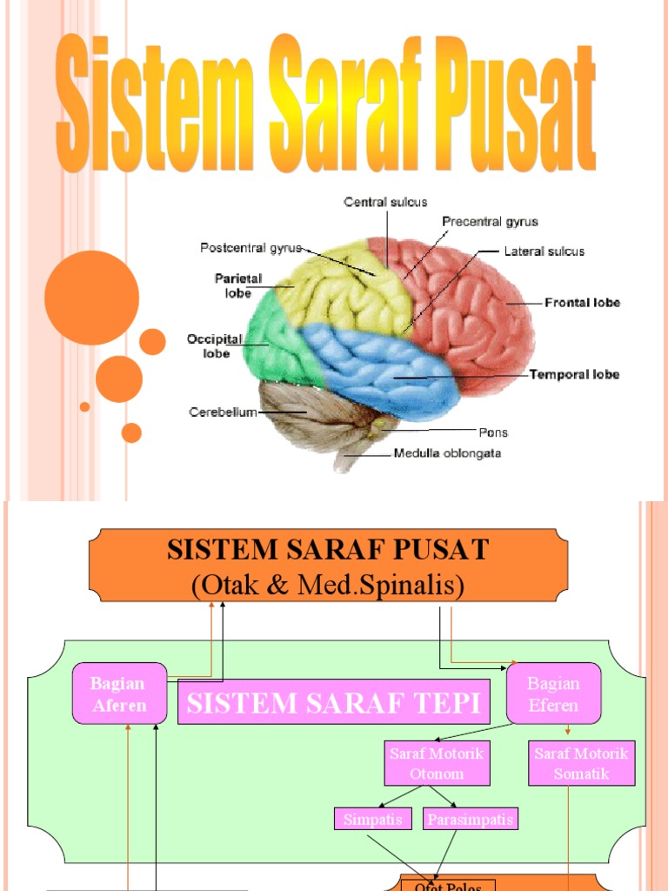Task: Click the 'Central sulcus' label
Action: (385, 202)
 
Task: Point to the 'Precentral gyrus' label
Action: (490, 222)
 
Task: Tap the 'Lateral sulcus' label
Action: (544, 251)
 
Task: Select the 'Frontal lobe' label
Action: (582, 303)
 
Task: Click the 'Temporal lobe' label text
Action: (574, 375)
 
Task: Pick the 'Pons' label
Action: (492, 432)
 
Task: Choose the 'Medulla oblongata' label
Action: (447, 453)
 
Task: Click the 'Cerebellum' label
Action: (223, 412)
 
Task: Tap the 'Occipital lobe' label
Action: (209, 346)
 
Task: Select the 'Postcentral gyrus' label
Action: (250, 248)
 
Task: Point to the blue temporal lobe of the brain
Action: (383, 370)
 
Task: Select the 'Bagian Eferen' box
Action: (553, 693)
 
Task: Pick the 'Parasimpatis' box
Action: (471, 819)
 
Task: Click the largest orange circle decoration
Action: (91, 298)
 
